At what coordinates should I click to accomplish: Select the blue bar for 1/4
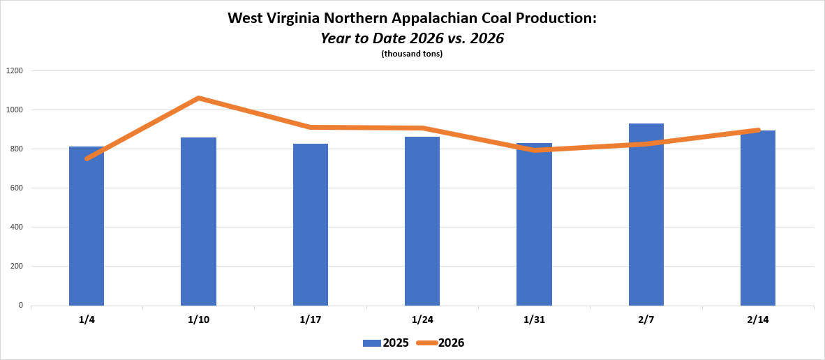point(87,230)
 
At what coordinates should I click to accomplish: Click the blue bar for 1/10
point(198,223)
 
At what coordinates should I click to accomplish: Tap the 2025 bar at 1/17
point(311,227)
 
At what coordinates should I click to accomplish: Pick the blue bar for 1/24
point(422,223)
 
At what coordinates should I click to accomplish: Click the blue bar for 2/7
point(646,216)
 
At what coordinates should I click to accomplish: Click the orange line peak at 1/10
point(199,98)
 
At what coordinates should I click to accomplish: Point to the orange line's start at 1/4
point(87,158)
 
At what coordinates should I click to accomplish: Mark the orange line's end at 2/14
point(757,130)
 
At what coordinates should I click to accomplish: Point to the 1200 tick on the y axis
point(15,70)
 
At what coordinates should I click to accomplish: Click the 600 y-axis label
point(17,188)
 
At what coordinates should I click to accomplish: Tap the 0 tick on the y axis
point(21,305)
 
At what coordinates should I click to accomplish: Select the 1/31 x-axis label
point(534,320)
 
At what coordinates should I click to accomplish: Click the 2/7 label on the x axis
point(646,320)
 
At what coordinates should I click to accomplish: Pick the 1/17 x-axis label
point(311,320)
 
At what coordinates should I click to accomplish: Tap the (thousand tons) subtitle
point(412,54)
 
